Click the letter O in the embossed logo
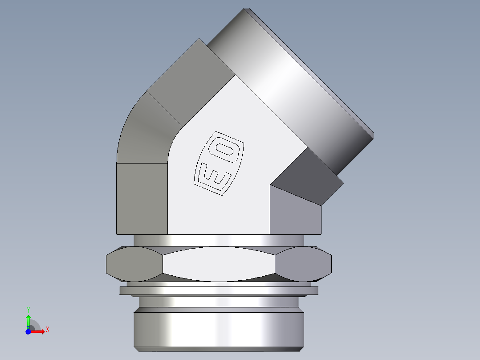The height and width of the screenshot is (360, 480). pos(226,151)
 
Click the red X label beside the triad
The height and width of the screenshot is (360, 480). pos(47,330)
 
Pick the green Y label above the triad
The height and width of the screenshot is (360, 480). pos(28,309)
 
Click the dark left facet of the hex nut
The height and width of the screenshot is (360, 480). pos(134,264)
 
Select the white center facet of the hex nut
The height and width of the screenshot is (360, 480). pos(219,264)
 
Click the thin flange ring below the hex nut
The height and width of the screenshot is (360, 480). pos(219,290)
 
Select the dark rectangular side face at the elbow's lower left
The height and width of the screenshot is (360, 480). pos(142,198)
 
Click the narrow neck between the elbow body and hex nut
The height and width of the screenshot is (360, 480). pos(219,240)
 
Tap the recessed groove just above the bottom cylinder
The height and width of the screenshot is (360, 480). pos(219,304)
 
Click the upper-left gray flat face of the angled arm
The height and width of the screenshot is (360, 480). pos(191,80)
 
